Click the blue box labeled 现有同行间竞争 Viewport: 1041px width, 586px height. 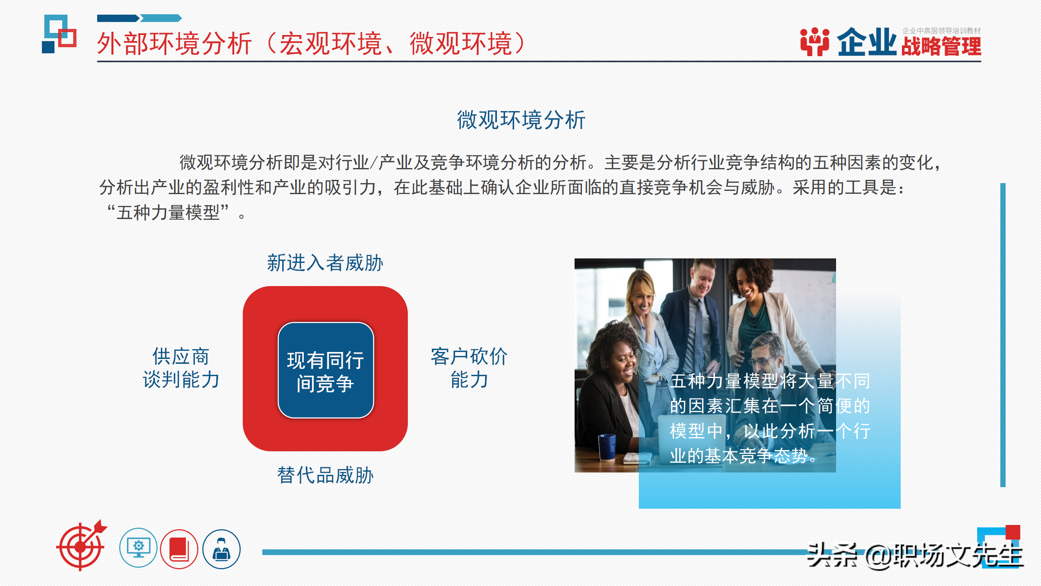[x=325, y=370]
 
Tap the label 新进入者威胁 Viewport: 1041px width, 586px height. [x=325, y=263]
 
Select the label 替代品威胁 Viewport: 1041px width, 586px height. [x=325, y=475]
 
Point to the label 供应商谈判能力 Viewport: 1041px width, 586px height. [x=181, y=368]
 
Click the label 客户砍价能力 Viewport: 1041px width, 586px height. [x=469, y=368]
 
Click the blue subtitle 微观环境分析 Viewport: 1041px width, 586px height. [x=521, y=120]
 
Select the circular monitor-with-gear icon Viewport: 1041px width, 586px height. [x=138, y=548]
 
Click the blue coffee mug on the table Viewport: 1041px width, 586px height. [x=607, y=446]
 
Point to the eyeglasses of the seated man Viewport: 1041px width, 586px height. [x=761, y=361]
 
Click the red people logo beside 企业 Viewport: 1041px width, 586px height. [x=815, y=42]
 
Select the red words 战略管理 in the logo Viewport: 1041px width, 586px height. [x=941, y=46]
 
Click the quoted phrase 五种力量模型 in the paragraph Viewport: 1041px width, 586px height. [x=168, y=212]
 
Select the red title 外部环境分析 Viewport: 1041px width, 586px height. [x=175, y=44]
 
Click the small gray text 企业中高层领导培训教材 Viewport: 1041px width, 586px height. [x=941, y=31]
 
